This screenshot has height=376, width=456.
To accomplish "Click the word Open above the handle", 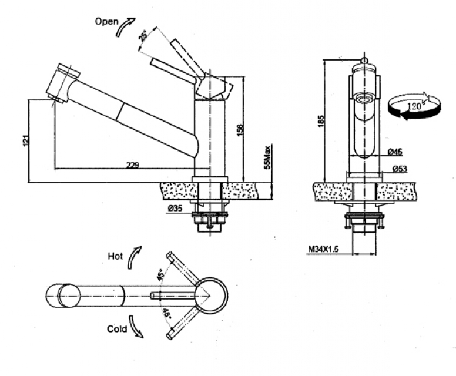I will [x=106, y=21].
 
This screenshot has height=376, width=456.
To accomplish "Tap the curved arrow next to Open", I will [x=125, y=27].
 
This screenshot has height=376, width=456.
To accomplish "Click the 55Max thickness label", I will [x=267, y=157].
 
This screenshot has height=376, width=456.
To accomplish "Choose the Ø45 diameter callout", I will [x=395, y=153].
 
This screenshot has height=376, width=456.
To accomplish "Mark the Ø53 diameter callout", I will [x=399, y=170].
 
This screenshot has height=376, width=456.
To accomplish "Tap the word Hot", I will [x=115, y=256].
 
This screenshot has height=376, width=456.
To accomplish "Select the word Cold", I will [x=117, y=329].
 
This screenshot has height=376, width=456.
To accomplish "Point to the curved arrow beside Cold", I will [x=136, y=327].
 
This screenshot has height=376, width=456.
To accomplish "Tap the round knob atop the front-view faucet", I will [x=364, y=61].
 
